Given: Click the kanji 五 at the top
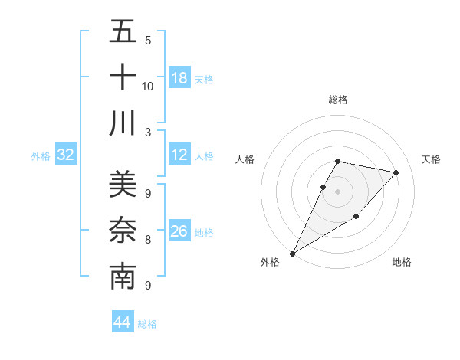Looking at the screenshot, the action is click(123, 32).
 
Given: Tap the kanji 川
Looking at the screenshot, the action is click(123, 123).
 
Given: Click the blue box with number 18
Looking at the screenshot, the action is click(179, 77).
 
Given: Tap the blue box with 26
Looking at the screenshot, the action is click(179, 231).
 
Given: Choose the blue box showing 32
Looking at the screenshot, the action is click(66, 155).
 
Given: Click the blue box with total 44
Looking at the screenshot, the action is click(123, 322).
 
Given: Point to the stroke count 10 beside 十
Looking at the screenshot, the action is click(148, 86).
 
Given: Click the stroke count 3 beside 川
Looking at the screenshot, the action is click(148, 131).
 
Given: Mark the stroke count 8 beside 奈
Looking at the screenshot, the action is click(148, 240).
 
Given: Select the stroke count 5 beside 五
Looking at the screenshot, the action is click(148, 41).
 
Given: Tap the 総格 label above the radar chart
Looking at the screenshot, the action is click(338, 100).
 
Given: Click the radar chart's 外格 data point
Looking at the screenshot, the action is click(292, 253).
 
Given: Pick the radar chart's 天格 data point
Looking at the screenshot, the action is click(396, 173).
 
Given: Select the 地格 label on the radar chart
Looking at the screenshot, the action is click(402, 262).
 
